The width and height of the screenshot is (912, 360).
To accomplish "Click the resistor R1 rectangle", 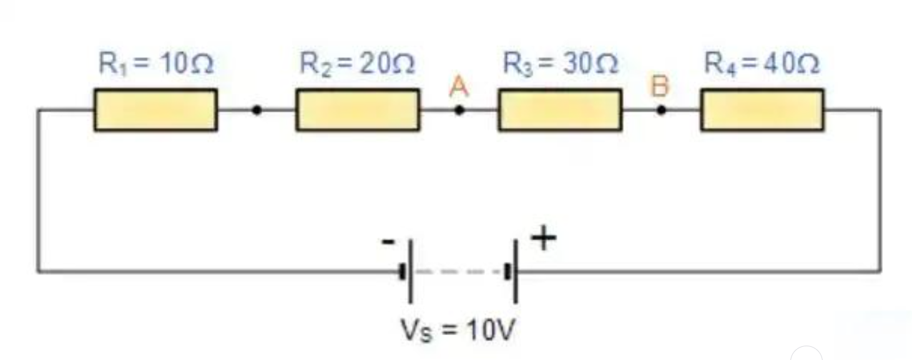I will tap(155, 110).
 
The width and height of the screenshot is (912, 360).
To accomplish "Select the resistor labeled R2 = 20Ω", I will tap(358, 110).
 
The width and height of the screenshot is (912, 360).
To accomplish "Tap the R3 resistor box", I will tap(560, 110).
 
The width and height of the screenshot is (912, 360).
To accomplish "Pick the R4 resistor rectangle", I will tap(762, 110).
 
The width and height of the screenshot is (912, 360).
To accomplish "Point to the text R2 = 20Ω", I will tap(358, 64).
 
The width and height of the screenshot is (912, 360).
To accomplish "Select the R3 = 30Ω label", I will tap(561, 64).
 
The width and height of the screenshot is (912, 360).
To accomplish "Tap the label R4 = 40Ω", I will tap(762, 64).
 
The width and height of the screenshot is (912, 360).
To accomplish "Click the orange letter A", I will tap(459, 88).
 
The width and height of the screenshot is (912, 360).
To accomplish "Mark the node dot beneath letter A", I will tap(459, 110).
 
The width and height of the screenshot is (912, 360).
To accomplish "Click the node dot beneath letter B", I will tap(661, 110).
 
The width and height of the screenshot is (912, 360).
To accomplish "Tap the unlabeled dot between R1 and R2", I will tap(257, 110).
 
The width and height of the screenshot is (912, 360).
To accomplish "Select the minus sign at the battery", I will tap(388, 242).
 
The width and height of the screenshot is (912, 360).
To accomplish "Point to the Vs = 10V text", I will tap(458, 330).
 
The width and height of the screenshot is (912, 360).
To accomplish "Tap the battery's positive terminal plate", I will tap(515, 271).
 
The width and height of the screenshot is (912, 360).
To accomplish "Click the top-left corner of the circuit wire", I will tap(39, 110).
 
